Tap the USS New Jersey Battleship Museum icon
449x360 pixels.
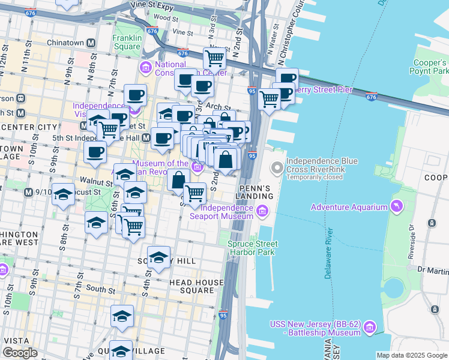click(370, 327)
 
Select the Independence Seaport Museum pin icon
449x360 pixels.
click(262, 211)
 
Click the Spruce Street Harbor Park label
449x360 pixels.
click(253, 248)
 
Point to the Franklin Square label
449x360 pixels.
click(127, 42)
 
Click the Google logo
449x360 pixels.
click(20, 353)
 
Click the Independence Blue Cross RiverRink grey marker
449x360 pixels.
click(277, 167)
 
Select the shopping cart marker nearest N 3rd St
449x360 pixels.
click(214, 59)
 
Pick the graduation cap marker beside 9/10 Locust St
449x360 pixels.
click(63, 195)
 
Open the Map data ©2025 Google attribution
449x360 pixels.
click(412, 355)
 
